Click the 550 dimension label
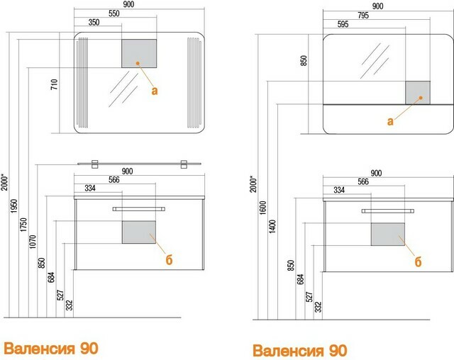pos(113,13)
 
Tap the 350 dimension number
pos(94,22)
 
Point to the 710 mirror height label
pos(54,84)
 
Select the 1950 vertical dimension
pos(14,206)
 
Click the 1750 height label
pos(23,225)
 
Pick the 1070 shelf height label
pos(33,242)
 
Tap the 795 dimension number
pos(362,15)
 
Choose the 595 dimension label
pos(343,24)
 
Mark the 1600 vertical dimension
pos(263,208)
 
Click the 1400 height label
pos(272,226)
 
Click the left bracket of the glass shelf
pos(94,164)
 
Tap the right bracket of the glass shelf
pos(184,164)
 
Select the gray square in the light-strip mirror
pos(139,53)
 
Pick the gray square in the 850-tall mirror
pos(418,93)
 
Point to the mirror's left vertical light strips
pos(82,83)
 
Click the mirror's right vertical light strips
pos(194,83)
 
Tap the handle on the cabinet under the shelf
pos(139,209)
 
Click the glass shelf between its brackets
pos(139,164)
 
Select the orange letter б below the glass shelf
pos(169,259)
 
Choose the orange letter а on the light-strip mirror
pos(155,91)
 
